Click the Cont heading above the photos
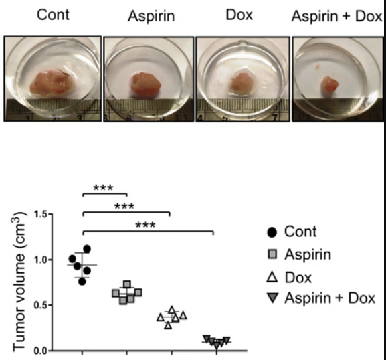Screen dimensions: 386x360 53,15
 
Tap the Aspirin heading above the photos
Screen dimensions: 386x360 151,16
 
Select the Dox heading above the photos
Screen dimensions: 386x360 239,15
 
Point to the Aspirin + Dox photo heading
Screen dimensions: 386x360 336,16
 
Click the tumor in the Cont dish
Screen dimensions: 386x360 50,83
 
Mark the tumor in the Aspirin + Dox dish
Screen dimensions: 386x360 329,86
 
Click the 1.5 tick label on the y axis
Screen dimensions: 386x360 41,215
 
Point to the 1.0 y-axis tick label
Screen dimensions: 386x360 41,260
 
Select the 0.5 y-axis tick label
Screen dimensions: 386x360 41,305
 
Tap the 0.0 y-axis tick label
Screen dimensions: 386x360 41,351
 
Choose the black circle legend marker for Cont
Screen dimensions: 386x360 272,232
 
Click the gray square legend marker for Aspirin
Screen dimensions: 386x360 272,254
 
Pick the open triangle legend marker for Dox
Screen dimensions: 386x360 272,278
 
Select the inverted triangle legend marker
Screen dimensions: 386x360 272,298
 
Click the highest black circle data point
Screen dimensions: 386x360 87,249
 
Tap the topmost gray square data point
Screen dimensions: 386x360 127,284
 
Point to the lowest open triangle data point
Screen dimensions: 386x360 168,325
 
